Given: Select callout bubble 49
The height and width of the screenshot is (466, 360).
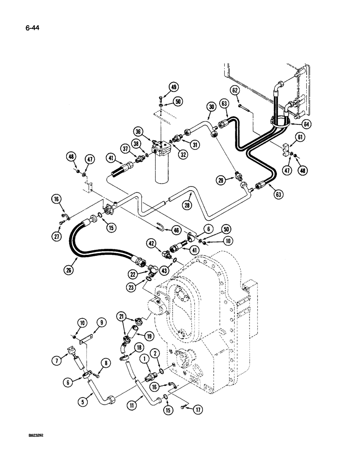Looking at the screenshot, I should click(x=160, y=87).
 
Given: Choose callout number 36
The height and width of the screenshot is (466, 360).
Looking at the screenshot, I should click(x=151, y=131).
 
